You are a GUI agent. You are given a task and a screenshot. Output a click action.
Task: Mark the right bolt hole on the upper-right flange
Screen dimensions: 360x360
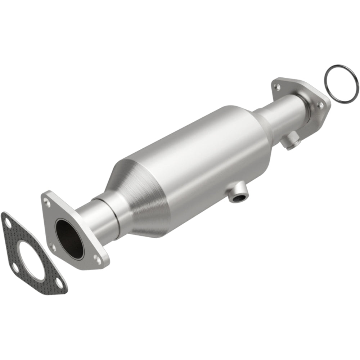(x=319, y=105)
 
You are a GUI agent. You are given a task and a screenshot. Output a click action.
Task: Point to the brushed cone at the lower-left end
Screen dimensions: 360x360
(x=144, y=202)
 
